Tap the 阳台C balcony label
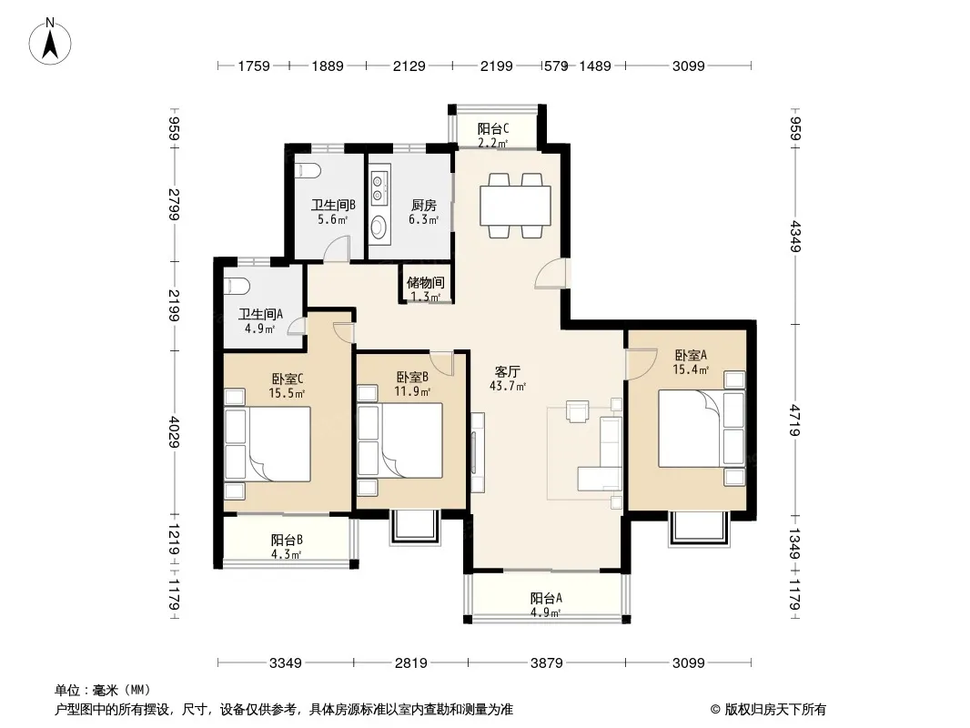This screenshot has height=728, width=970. [493, 128]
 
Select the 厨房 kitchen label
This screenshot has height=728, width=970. [424, 205]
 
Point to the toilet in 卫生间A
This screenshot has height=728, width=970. [237, 287]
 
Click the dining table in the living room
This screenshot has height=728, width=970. [515, 206]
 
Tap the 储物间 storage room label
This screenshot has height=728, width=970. [426, 283]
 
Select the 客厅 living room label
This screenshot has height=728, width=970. [507, 371]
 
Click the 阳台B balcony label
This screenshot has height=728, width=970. [287, 540]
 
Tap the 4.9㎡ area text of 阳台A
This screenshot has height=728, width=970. [546, 613]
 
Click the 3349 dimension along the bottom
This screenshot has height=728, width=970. [286, 663]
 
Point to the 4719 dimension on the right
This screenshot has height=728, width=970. [795, 420]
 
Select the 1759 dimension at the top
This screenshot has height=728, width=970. [254, 66]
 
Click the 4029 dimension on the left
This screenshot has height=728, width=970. [175, 432]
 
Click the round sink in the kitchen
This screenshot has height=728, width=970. [379, 226]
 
